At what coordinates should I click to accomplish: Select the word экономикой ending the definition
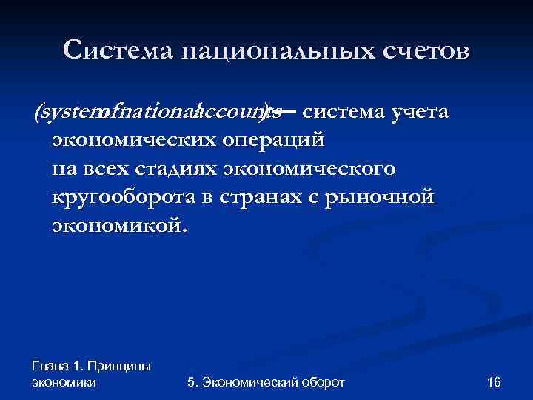118,224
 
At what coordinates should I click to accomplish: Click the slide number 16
495,382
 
